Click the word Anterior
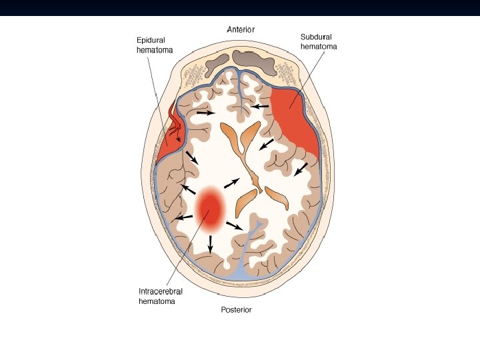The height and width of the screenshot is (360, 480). (x=241, y=29)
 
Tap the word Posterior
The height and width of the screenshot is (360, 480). (x=237, y=310)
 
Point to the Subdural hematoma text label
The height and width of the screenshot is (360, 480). (x=317, y=42)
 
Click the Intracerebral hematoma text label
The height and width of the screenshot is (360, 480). (x=161, y=296)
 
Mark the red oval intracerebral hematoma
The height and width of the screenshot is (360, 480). (x=211, y=209)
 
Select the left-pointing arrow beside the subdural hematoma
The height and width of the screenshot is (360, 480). (x=260, y=106)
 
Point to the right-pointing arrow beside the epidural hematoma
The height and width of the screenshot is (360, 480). (x=205, y=113)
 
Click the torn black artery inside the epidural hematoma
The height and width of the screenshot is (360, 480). (x=177, y=127)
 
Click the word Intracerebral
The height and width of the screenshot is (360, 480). (x=161, y=291)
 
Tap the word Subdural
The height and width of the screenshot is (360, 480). (x=315, y=37)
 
